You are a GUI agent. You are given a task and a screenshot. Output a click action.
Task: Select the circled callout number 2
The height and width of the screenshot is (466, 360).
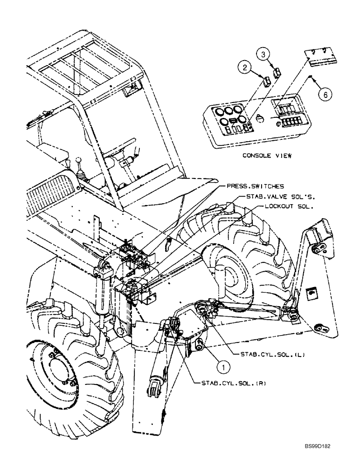click(x=244, y=69)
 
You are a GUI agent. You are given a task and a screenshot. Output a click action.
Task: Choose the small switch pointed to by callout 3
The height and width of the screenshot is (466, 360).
click(x=277, y=72)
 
